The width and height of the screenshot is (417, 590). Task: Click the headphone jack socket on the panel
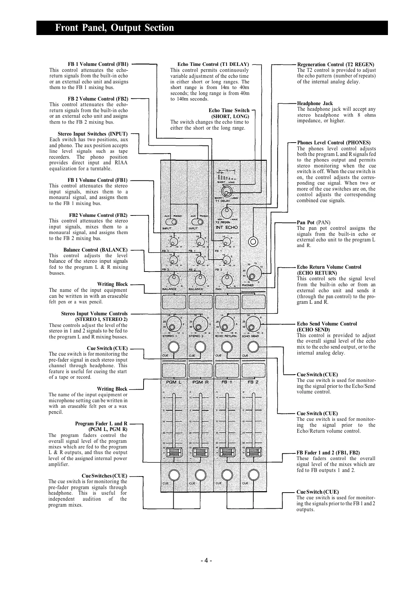pyautogui.click(x=253, y=241)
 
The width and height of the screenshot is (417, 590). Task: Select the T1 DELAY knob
pyautogui.click(x=227, y=191)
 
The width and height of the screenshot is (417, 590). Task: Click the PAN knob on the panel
pyautogui.click(x=227, y=279)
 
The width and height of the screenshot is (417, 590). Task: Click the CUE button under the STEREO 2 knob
pyautogui.click(x=200, y=347)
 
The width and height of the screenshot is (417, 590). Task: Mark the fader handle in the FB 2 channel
pyautogui.click(x=253, y=452)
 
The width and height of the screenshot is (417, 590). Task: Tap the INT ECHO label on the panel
pyautogui.click(x=227, y=227)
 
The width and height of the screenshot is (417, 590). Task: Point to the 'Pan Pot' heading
pyautogui.click(x=306, y=222)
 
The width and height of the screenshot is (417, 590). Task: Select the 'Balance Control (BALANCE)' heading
pyautogui.click(x=95, y=250)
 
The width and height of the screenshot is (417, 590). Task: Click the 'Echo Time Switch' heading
pyautogui.click(x=229, y=110)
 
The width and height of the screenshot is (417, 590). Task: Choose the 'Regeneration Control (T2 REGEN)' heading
pyautogui.click(x=335, y=64)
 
